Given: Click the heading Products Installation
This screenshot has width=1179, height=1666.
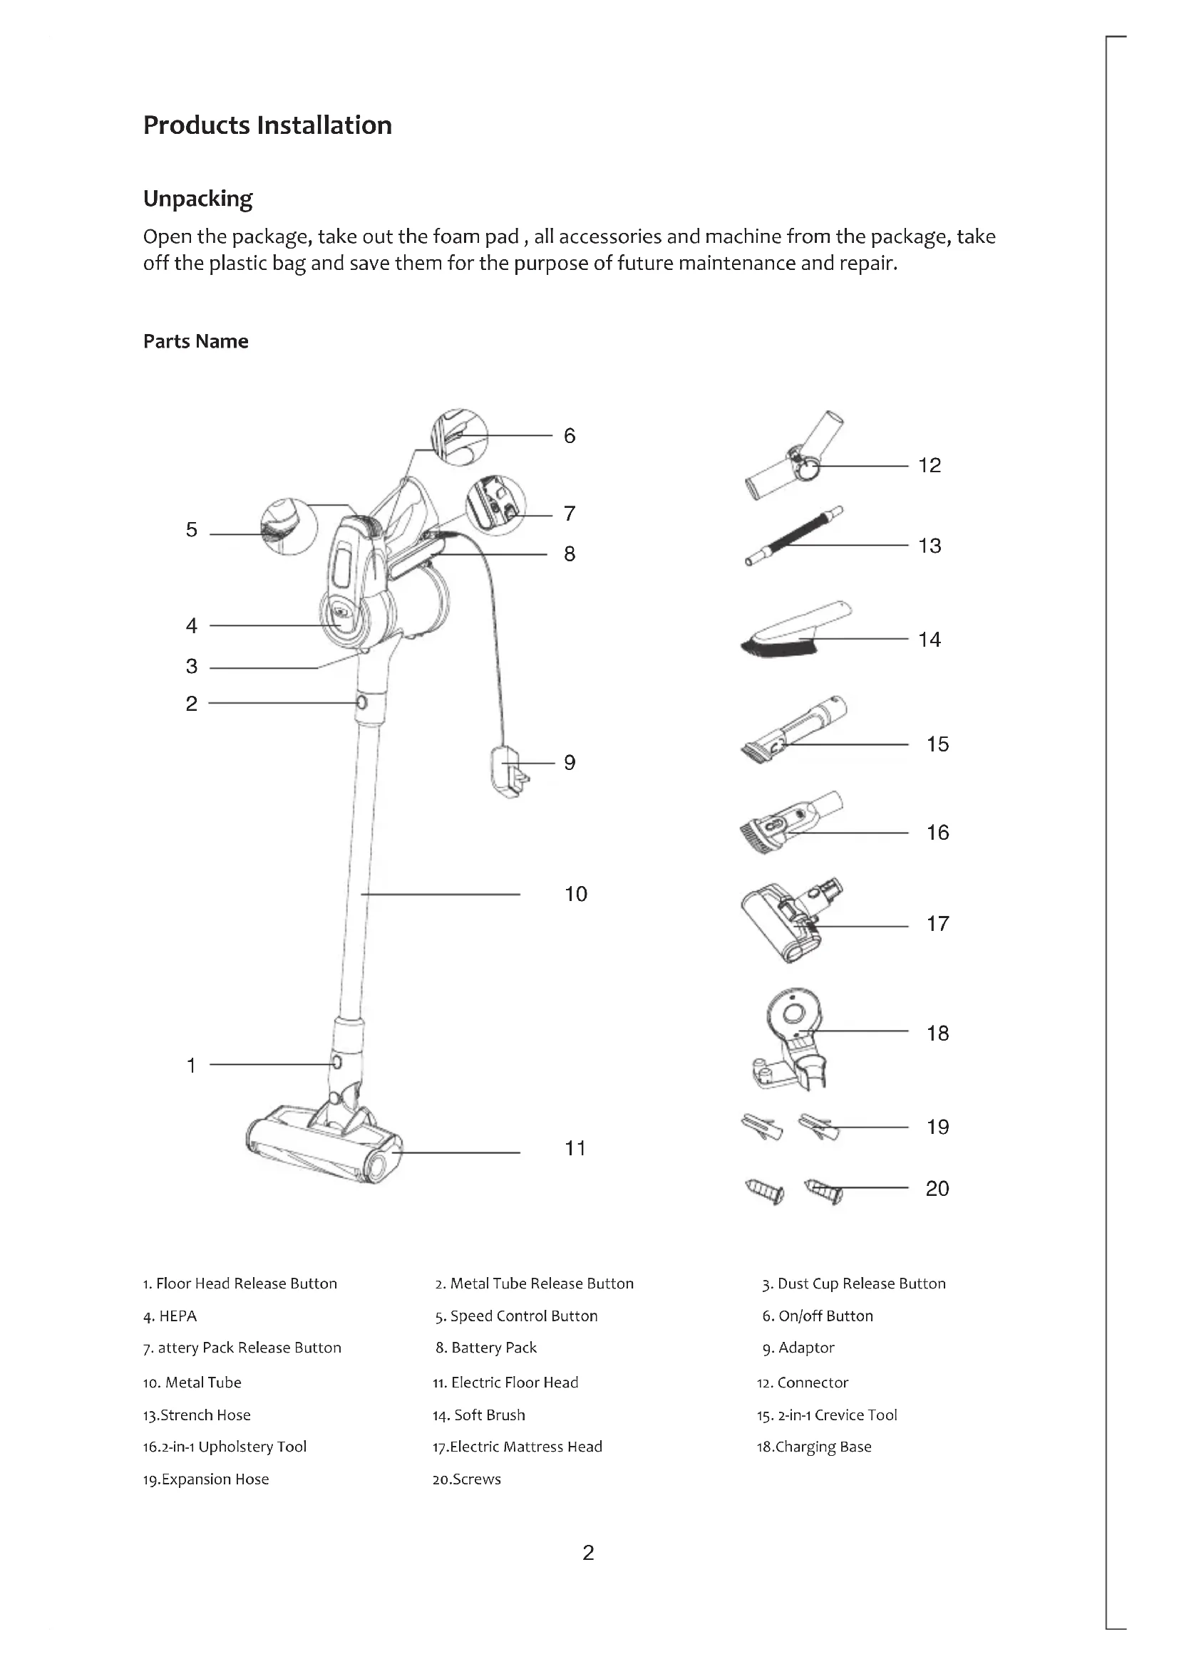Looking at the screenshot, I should click(x=267, y=125).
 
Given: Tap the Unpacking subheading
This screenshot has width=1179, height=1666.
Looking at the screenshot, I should click(x=197, y=199).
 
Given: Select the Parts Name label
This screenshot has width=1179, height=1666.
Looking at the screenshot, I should click(x=195, y=341).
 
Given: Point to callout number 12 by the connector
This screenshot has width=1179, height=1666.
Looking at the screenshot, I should click(x=930, y=465).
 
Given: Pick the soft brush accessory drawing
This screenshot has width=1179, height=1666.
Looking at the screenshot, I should click(x=796, y=628).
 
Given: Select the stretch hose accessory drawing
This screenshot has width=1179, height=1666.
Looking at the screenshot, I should click(x=794, y=536).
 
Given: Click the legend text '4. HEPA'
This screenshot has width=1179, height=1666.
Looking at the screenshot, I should click(x=170, y=1316).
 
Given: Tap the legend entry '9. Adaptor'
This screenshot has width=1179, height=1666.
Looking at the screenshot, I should click(x=798, y=1348).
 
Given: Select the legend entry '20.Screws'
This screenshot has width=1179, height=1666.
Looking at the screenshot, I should click(x=466, y=1479).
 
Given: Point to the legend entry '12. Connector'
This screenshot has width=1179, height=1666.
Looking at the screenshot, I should click(x=802, y=1383).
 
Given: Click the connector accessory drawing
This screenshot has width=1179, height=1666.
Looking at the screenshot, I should click(x=794, y=457).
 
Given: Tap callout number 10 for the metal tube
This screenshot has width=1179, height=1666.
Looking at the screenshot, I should click(x=576, y=894).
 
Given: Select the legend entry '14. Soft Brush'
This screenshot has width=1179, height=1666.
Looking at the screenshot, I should click(x=478, y=1415).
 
